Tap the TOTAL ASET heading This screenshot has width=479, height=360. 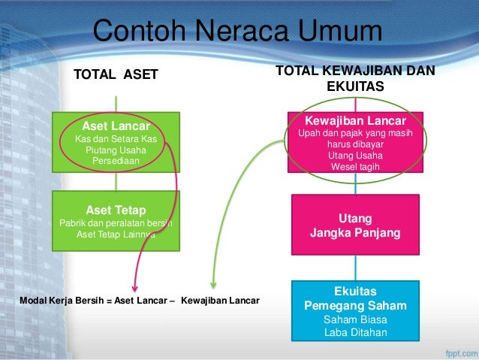pos(116,74)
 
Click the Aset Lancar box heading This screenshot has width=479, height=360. pos(116,126)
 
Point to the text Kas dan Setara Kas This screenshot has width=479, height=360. pos(116,139)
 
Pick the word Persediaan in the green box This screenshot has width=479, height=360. pos(116,160)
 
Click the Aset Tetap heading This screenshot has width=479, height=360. pos(116,209)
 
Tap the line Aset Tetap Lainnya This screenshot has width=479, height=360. pos(116,233)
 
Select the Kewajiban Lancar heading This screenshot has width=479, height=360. pos(355,120)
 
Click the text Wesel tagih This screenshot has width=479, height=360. pos(355,166)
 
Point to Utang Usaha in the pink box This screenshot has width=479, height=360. pos(355,155)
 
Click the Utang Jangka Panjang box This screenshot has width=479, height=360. pos(355,225)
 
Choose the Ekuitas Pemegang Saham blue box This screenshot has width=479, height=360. pos(355,311)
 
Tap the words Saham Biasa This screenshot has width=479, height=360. pos(355,319)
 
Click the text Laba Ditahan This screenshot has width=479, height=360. pos(355,333)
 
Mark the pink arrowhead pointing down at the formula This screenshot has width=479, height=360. pos(134,286)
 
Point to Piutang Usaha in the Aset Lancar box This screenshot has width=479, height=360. pos(116,150)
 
